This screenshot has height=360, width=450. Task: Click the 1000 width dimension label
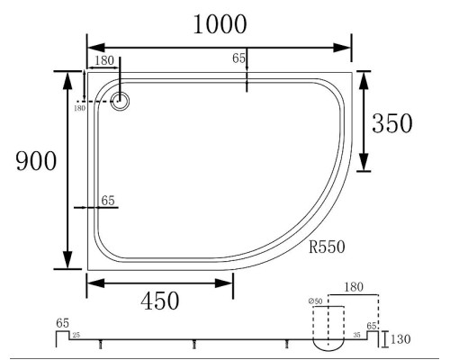point(220,24)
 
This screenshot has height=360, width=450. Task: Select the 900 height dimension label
point(36,161)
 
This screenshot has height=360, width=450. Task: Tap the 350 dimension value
point(392,123)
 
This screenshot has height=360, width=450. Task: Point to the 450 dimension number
point(160,301)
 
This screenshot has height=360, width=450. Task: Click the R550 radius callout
point(327,247)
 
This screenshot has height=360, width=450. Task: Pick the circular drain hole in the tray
point(120,101)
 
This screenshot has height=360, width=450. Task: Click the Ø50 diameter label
point(315,301)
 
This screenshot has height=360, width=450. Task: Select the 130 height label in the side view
point(400,339)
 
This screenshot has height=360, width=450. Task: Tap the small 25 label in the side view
point(76,335)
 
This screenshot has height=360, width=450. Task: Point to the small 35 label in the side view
point(356,335)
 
